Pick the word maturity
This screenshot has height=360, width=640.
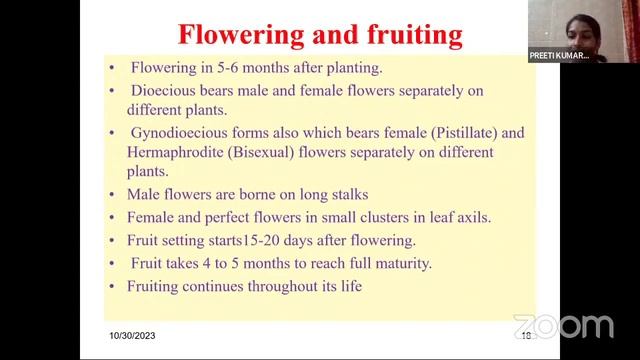pos(396,263)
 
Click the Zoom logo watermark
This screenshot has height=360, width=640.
pos(563,326)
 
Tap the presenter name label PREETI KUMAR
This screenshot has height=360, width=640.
pos(559,57)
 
